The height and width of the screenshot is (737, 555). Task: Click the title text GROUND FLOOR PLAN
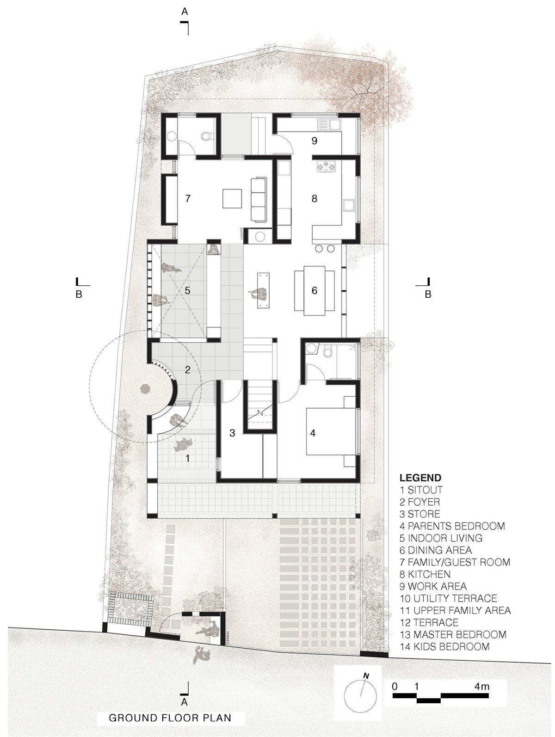tap(170, 718)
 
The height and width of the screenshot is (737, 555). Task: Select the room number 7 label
tap(188, 198)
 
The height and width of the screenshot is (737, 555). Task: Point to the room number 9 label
tap(314, 141)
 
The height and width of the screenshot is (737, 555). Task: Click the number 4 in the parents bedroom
tap(313, 433)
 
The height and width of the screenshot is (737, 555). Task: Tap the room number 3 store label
tap(232, 433)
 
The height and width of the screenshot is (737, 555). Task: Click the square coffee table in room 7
tap(232, 199)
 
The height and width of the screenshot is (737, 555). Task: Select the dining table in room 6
tap(314, 291)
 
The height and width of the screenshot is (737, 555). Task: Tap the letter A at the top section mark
tap(185, 12)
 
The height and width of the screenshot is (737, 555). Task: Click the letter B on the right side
tap(428, 295)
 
